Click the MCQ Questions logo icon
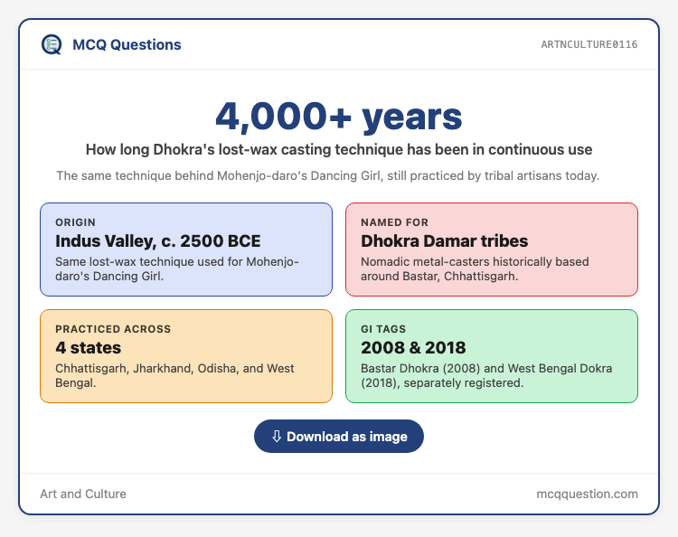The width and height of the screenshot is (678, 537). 52,44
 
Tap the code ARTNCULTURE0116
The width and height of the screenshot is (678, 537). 589,44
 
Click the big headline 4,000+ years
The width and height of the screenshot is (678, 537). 339,117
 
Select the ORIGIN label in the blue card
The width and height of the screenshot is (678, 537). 75,222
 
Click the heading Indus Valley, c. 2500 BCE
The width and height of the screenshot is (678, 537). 158,241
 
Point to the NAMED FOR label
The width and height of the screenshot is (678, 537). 394,222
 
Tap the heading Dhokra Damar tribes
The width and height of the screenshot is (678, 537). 444,241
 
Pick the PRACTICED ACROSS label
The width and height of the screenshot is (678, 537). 113,329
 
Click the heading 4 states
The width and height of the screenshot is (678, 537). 89,348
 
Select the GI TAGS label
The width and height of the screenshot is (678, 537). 383,329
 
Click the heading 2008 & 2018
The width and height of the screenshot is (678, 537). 413,348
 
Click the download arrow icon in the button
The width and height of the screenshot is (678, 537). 277,437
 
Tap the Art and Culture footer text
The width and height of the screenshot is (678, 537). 83,494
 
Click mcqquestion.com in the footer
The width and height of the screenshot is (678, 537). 587,494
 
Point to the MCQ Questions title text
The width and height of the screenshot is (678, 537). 127,44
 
